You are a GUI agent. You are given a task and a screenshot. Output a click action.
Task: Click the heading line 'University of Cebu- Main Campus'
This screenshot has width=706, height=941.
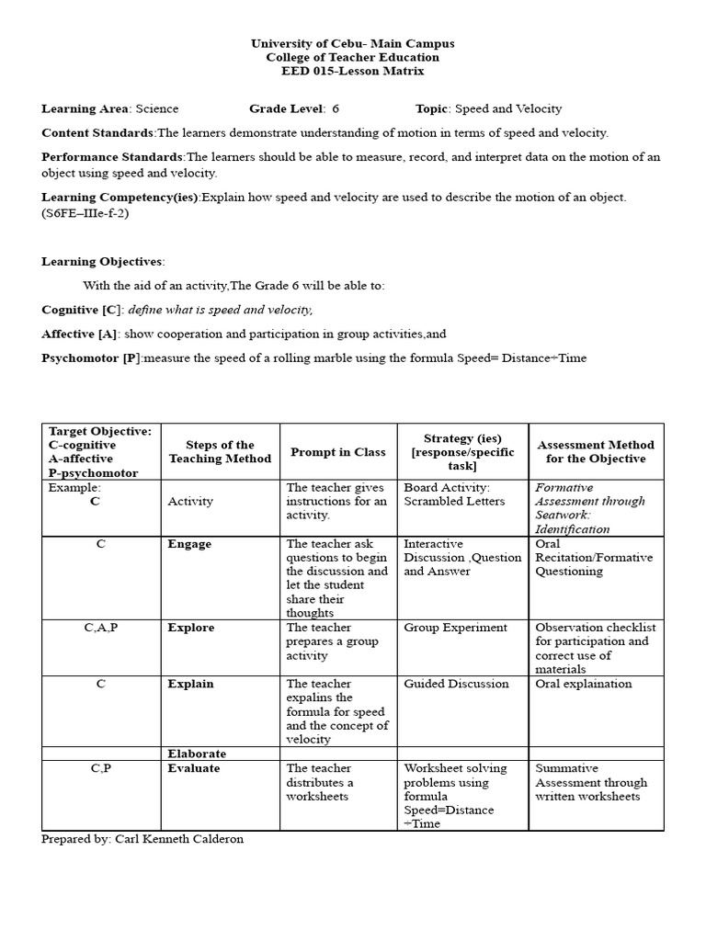click(x=352, y=43)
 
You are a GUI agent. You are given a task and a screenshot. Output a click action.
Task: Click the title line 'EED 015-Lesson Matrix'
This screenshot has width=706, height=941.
click(x=352, y=71)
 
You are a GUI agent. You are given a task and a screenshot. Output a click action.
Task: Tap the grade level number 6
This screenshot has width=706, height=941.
click(x=336, y=108)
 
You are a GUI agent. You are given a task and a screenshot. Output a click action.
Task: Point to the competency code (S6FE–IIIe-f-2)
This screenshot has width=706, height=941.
click(x=85, y=213)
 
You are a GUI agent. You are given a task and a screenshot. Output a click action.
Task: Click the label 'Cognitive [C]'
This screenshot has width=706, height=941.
click(x=81, y=310)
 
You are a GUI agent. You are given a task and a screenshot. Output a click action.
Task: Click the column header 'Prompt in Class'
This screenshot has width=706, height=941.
click(x=337, y=452)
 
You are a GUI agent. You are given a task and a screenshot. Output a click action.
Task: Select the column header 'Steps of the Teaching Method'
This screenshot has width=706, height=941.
click(x=220, y=452)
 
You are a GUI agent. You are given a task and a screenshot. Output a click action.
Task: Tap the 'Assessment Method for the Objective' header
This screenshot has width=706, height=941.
click(x=596, y=452)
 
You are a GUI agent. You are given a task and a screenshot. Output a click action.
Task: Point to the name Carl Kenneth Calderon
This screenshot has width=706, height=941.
click(x=179, y=840)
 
